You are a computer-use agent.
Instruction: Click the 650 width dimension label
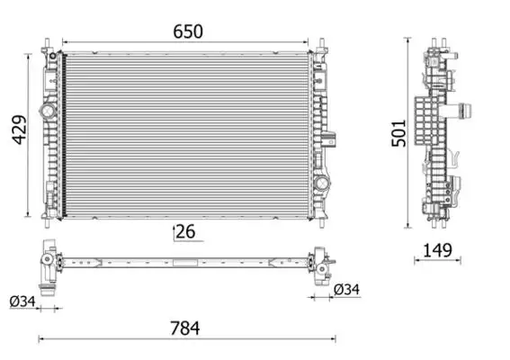click(188, 31)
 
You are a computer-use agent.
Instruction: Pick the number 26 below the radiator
click(186, 232)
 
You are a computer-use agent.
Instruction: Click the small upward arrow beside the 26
click(173, 232)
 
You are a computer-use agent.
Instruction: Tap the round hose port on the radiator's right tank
click(321, 182)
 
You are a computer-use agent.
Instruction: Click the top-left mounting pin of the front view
click(46, 43)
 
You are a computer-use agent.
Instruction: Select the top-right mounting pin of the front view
click(322, 43)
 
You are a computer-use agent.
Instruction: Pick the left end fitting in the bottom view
click(46, 265)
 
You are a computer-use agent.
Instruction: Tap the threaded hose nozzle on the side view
click(466, 112)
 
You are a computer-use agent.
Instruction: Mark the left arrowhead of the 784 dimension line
click(40, 339)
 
